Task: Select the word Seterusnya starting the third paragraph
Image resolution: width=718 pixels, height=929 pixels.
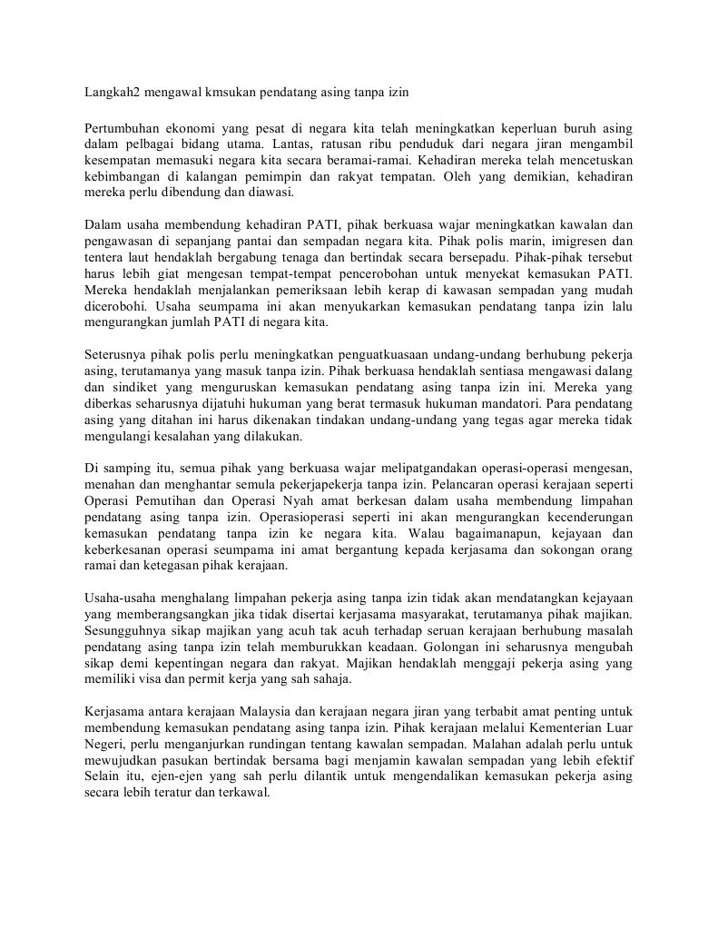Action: coord(118,354)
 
